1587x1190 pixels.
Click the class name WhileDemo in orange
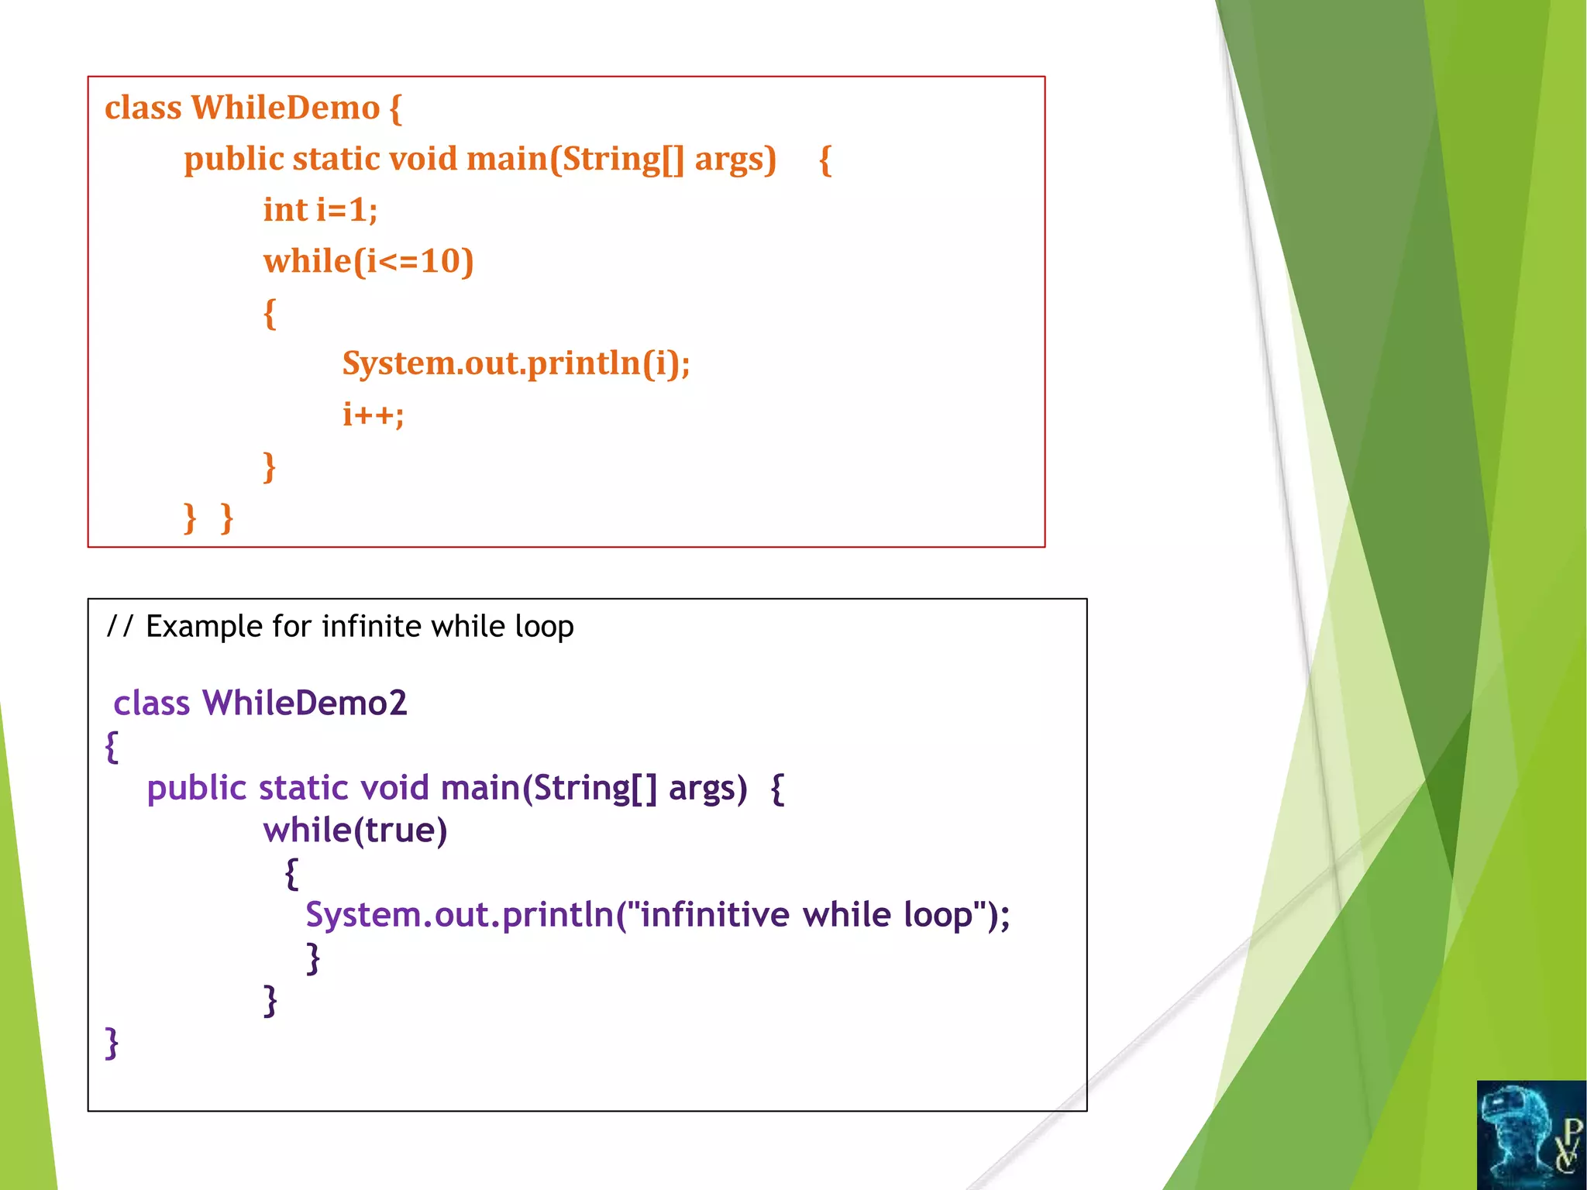pyautogui.click(x=285, y=108)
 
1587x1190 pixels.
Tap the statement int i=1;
pyautogui.click(x=320, y=210)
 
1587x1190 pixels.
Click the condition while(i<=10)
pyautogui.click(x=368, y=261)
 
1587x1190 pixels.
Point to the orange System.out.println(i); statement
pyautogui.click(x=516, y=363)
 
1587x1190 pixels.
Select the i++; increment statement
pyautogui.click(x=373, y=414)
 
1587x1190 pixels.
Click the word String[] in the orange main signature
pyautogui.click(x=623, y=159)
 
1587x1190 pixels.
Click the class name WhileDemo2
pyautogui.click(x=304, y=703)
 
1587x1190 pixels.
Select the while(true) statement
pyautogui.click(x=355, y=831)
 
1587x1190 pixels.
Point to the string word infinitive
pyautogui.click(x=714, y=915)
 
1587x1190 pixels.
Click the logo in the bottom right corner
pyautogui.click(x=1531, y=1135)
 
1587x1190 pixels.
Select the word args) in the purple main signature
pyautogui.click(x=707, y=788)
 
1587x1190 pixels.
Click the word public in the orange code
pyautogui.click(x=233, y=159)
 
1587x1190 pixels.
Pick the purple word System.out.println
pyautogui.click(x=460, y=915)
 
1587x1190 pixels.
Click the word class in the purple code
pyautogui.click(x=151, y=703)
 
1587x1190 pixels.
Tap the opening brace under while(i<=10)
pyautogui.click(x=270, y=313)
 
